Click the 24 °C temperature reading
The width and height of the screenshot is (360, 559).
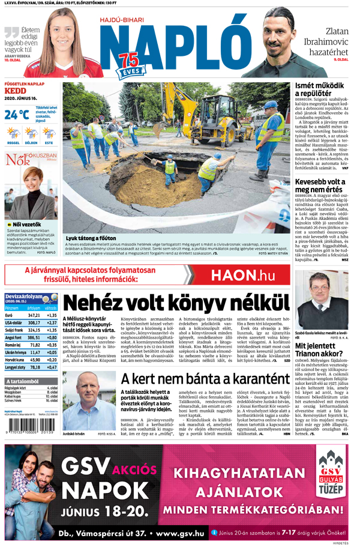click(x=17, y=114)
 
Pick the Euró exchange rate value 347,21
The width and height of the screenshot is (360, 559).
click(x=34, y=315)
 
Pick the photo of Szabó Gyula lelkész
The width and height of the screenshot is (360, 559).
click(x=321, y=304)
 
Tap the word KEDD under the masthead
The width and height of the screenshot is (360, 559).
click(x=15, y=91)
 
